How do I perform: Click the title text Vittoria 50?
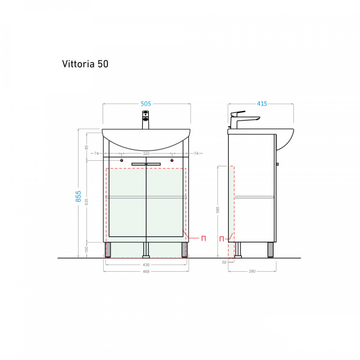point(85,63)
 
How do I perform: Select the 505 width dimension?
point(146,104)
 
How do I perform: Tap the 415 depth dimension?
point(262,104)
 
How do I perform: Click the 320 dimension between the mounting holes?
point(146,154)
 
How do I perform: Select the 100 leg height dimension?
point(86,248)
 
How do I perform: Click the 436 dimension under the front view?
point(146,265)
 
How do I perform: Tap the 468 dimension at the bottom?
point(146,272)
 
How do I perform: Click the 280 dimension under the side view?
point(252,272)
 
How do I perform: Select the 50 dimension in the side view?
point(224,262)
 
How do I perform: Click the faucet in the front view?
point(146,119)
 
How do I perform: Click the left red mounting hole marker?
point(122,160)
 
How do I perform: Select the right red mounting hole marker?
point(172,160)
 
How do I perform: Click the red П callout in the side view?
point(221,239)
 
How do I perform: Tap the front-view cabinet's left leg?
point(108,250)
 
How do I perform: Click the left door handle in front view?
point(139,164)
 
